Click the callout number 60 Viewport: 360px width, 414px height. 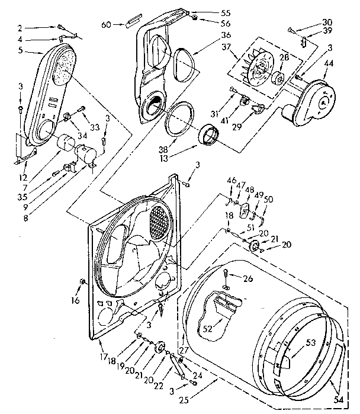coord(107,25)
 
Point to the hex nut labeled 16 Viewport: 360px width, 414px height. coord(82,281)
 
